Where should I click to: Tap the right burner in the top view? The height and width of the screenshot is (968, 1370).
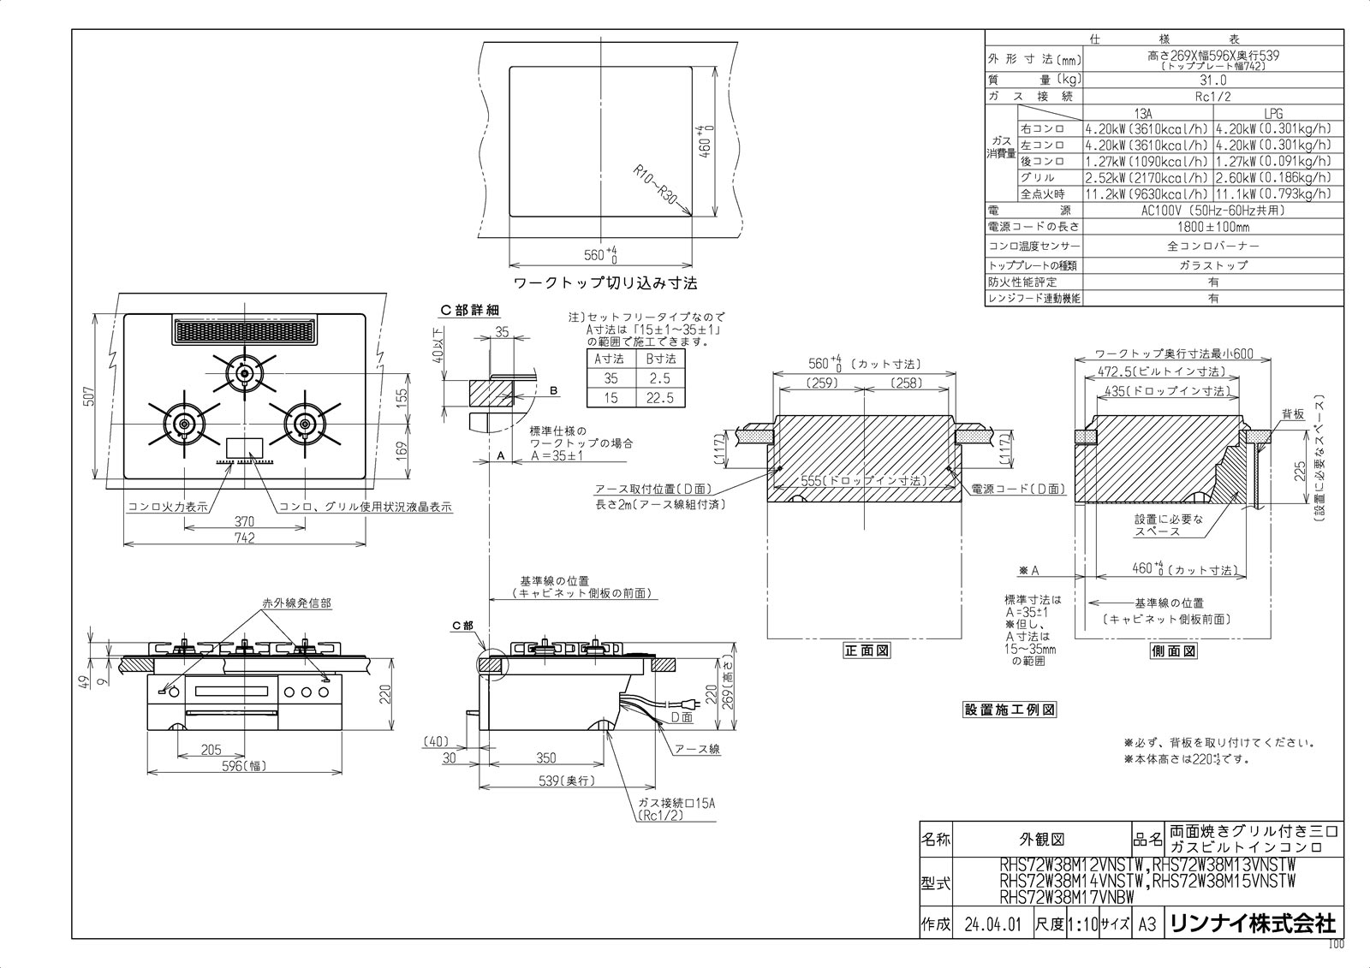point(303,425)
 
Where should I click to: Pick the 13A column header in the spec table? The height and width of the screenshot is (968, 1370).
point(1147,113)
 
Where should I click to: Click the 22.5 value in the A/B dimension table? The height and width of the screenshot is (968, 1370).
point(661,398)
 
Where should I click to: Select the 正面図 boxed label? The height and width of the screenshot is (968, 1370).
point(867,650)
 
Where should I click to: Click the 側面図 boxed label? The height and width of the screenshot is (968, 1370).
point(1173,650)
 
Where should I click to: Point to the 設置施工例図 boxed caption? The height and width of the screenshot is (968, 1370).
point(1010,710)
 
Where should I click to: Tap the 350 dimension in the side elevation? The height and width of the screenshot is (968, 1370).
point(545,757)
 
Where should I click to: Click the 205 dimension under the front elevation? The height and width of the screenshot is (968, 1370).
point(211,750)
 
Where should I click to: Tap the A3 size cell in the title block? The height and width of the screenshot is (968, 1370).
point(1147,924)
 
